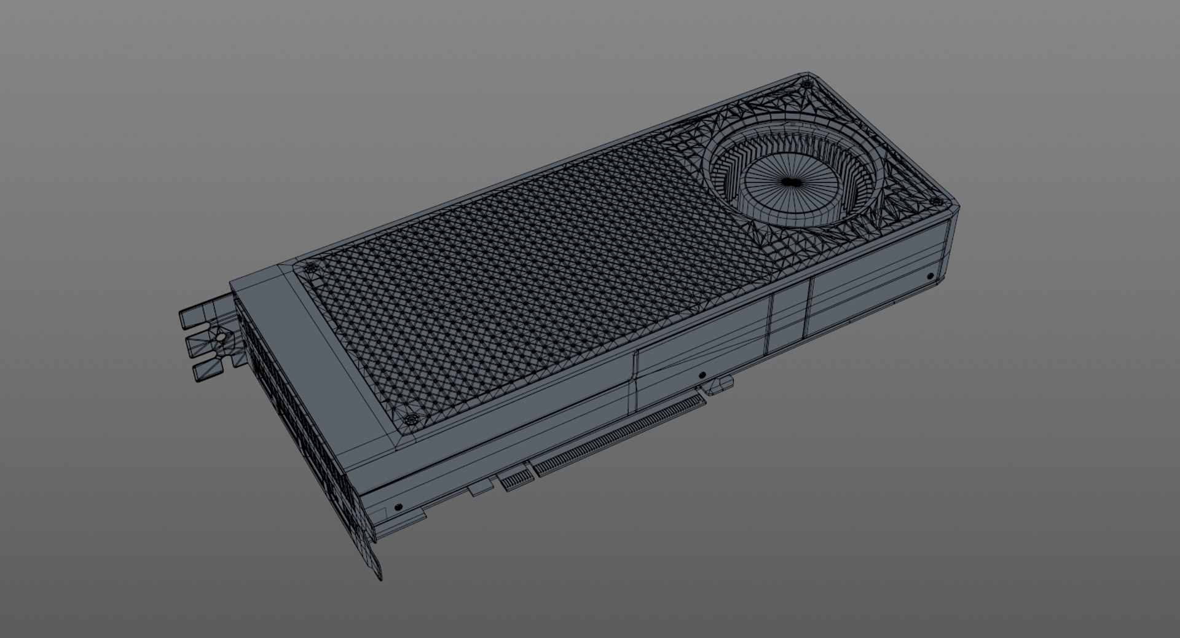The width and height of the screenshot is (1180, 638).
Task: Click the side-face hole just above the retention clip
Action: tap(702, 374)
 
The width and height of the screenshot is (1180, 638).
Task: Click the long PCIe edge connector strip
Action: tap(621, 435)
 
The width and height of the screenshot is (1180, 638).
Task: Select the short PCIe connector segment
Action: tap(515, 479)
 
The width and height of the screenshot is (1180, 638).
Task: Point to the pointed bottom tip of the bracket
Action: tap(378, 575)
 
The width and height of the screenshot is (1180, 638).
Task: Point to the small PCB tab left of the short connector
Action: tap(480, 489)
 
